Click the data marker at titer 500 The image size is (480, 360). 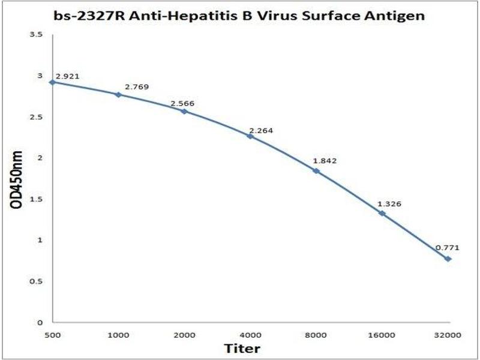[52, 82]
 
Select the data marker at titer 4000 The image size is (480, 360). [250, 136]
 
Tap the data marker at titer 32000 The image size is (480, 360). [448, 259]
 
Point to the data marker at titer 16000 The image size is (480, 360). [382, 213]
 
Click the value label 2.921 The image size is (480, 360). [68, 77]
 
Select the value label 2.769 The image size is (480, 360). [136, 87]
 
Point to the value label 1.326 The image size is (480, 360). [389, 204]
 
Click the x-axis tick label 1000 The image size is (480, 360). [118, 337]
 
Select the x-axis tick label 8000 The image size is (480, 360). [316, 337]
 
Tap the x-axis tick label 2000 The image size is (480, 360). [184, 337]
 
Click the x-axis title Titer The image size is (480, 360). [242, 349]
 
